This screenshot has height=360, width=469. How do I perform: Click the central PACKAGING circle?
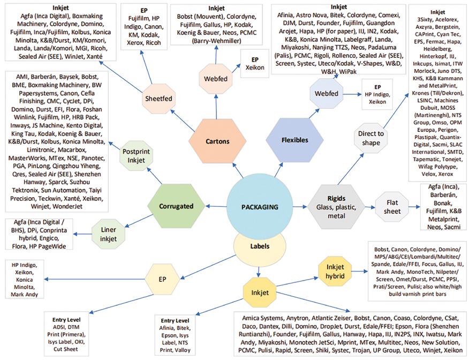tap(260, 206)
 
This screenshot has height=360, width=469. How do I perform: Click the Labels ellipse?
tap(260, 247)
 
